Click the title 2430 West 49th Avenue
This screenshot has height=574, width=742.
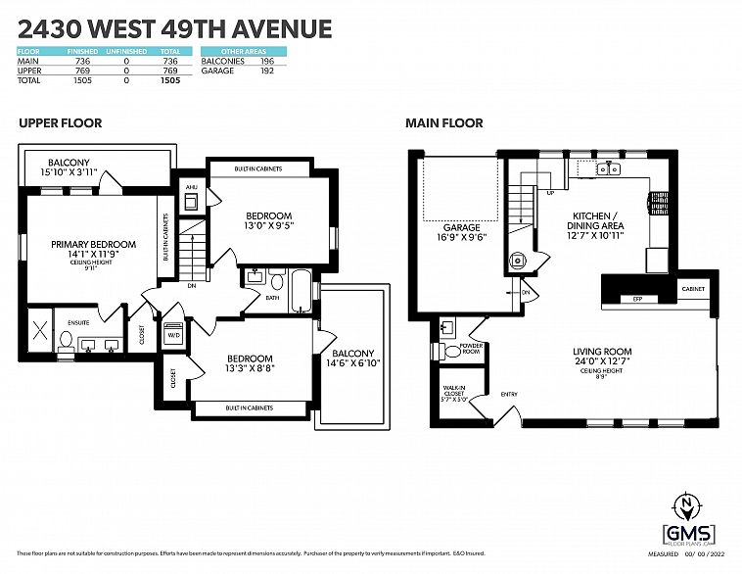(174, 28)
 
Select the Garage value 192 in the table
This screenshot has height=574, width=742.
(265, 71)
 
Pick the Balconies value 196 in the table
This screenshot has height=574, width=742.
(265, 62)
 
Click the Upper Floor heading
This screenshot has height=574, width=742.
(60, 123)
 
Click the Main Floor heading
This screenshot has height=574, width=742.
(444, 123)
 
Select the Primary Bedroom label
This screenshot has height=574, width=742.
(94, 245)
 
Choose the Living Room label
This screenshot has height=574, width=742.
(603, 352)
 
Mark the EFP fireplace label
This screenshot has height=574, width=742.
(636, 298)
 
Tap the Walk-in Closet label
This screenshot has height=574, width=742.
(453, 391)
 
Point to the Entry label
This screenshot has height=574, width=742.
(509, 395)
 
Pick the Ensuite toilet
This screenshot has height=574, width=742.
(67, 340)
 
